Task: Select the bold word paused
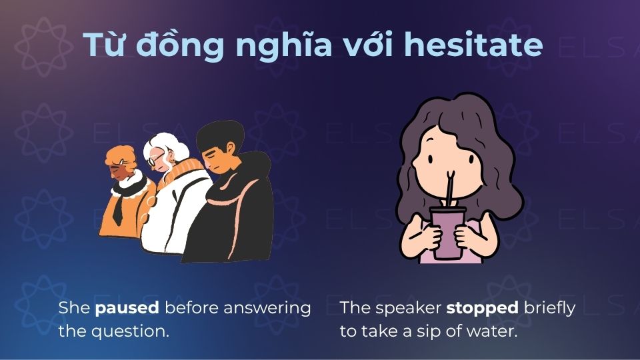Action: (127, 308)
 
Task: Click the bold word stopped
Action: (482, 308)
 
